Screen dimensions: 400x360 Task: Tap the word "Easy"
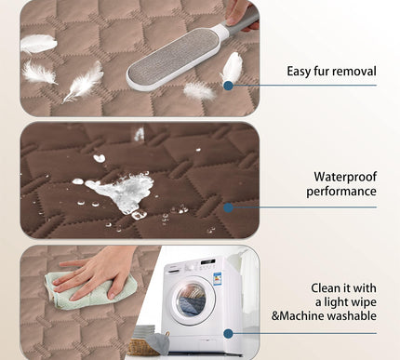[x=299, y=72]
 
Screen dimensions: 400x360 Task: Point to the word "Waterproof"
[x=345, y=177]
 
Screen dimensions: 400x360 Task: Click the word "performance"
[x=341, y=192]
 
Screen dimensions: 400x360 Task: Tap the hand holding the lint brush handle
[x=241, y=15]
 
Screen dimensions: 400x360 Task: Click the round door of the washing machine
[x=193, y=300]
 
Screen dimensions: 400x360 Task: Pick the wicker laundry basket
[x=144, y=346]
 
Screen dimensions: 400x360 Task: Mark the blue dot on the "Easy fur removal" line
[x=229, y=86]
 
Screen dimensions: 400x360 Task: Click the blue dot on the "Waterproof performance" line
[x=229, y=207]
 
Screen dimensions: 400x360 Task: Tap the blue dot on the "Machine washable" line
[x=229, y=334]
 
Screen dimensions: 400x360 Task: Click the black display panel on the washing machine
[x=207, y=262]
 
